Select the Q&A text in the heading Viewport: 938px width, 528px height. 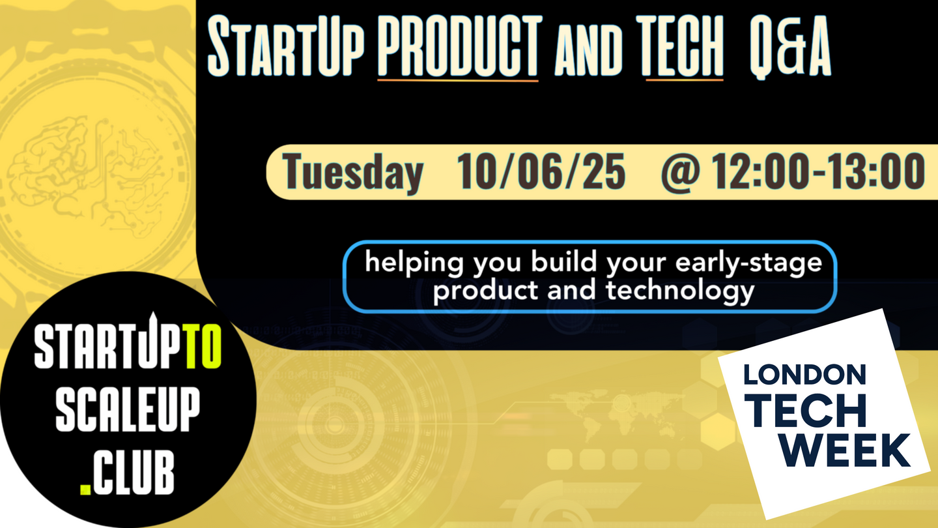(x=789, y=46)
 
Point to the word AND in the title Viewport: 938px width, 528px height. (x=588, y=51)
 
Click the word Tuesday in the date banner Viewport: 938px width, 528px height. (x=352, y=172)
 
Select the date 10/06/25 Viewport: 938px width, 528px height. (x=541, y=171)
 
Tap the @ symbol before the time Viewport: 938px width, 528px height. (x=681, y=172)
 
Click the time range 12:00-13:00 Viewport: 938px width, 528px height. (x=818, y=171)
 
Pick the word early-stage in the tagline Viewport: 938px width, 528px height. (x=748, y=264)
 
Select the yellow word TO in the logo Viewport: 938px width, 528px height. (x=203, y=347)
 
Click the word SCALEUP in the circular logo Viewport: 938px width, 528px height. (x=128, y=409)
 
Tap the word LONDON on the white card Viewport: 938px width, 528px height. (x=804, y=375)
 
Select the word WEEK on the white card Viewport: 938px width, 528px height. (x=846, y=450)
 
